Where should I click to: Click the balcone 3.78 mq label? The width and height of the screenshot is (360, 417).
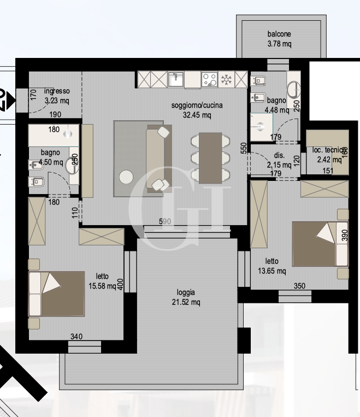click(x=279, y=39)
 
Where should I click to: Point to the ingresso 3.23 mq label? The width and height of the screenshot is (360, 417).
click(x=57, y=96)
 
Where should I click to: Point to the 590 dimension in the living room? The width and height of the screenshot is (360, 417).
click(x=165, y=221)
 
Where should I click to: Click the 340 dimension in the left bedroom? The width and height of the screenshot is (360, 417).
click(x=76, y=337)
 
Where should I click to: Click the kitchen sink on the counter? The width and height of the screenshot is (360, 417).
click(x=176, y=80)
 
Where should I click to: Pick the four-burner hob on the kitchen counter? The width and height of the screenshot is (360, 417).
click(x=210, y=80)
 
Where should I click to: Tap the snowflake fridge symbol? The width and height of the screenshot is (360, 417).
click(x=226, y=80)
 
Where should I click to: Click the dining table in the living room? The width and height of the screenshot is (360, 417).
click(x=210, y=157)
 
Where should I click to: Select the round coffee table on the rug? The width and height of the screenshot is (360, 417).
click(x=127, y=177)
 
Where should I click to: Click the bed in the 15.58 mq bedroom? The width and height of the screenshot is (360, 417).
click(x=57, y=294)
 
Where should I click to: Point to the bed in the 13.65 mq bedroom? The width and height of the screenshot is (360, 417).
click(x=320, y=244)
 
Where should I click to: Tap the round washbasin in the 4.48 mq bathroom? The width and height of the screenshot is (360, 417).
click(x=294, y=89)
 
